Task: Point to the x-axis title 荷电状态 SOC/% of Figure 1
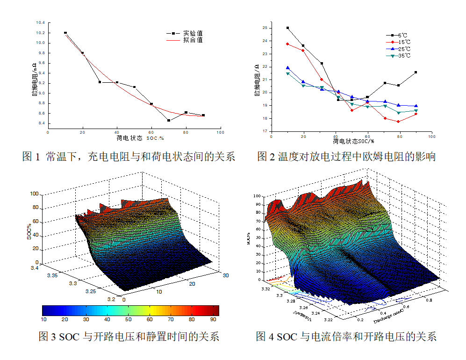pos(140,138)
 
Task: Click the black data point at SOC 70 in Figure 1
pos(169,120)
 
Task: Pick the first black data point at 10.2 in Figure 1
pos(65,33)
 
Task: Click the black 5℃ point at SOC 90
pos(416,72)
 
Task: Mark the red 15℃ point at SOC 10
pos(287,44)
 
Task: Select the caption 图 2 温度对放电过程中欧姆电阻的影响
pos(346,157)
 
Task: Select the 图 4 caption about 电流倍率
pos(346,336)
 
